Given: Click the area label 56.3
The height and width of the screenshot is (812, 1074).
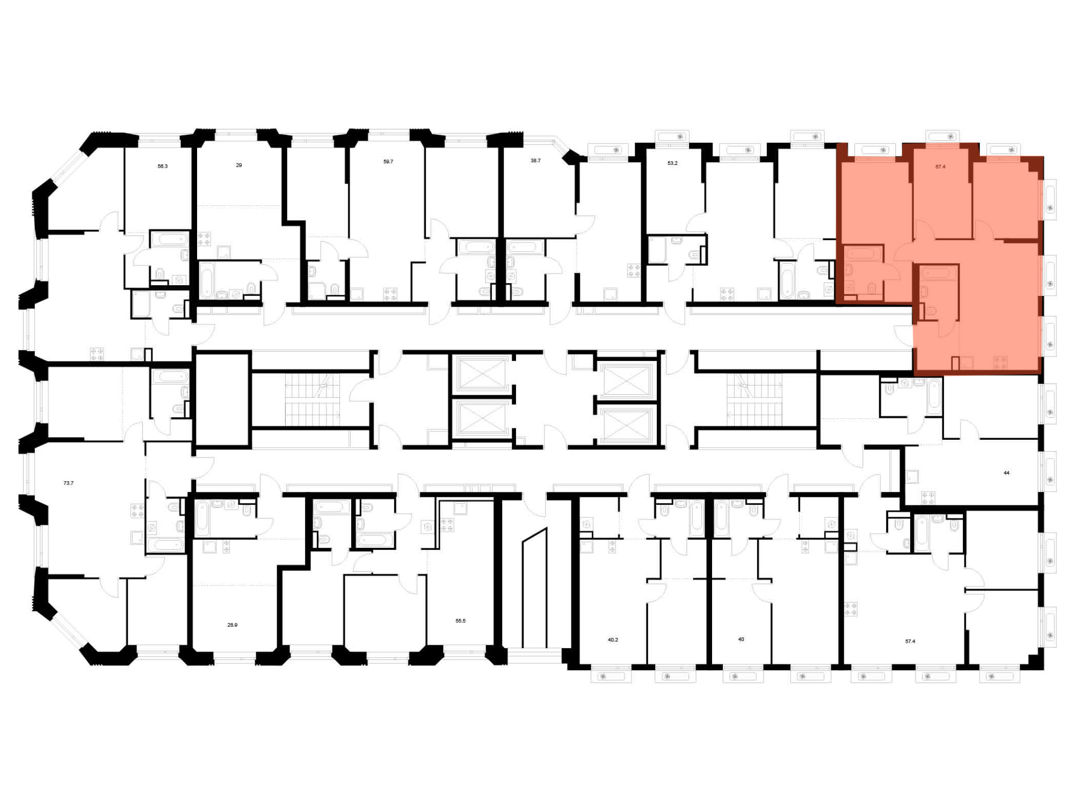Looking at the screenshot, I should (163, 166).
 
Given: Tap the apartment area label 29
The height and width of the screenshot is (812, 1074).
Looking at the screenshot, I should (239, 165).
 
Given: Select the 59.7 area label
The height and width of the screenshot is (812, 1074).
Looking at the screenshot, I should (388, 162).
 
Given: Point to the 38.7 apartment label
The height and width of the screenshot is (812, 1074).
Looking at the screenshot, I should (535, 161).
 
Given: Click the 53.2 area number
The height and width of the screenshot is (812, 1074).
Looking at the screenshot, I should (672, 163).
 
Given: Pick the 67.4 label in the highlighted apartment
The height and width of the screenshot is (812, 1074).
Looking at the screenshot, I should (940, 167).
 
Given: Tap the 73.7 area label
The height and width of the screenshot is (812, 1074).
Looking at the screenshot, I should (68, 483).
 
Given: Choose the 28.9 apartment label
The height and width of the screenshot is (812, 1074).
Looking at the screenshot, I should (232, 625).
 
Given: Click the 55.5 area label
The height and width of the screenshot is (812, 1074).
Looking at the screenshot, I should (460, 621).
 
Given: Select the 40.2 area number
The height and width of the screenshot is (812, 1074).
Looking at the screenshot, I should (613, 640).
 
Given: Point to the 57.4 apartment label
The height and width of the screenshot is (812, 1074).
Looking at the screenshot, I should (910, 641).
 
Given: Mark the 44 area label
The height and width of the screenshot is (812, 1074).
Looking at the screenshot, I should (1006, 473).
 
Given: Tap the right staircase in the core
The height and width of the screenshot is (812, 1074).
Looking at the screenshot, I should (754, 399).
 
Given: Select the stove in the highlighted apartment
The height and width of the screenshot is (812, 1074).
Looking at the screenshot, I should (1000, 363).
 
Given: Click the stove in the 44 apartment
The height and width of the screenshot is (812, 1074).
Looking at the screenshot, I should (928, 498).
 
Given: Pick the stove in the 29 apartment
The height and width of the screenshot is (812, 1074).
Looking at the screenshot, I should (204, 239).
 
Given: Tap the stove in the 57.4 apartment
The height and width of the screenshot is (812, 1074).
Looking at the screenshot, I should (851, 610).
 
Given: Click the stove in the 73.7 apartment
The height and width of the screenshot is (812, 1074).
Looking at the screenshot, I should (137, 511).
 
